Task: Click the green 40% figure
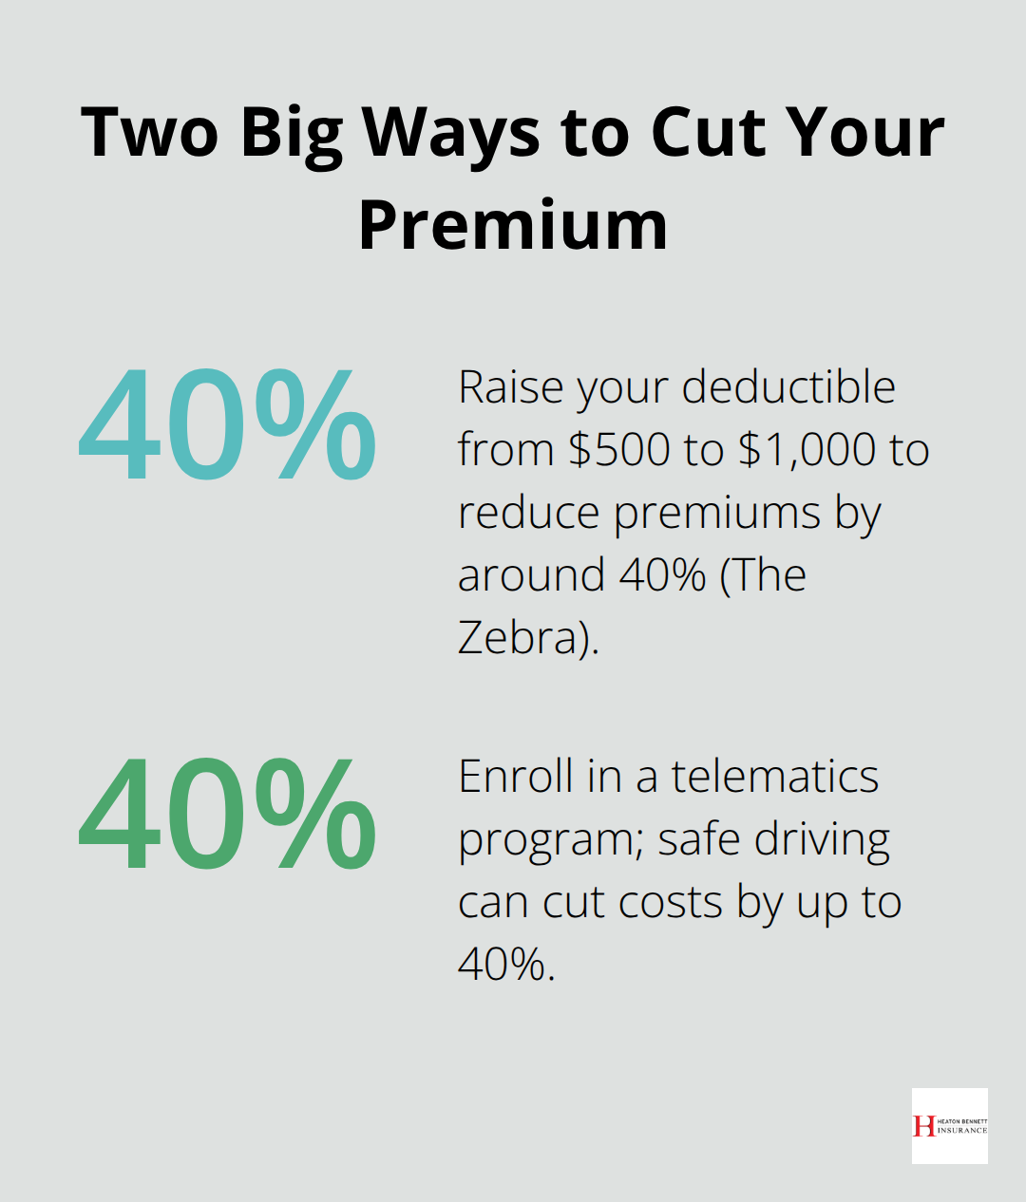pos(227,814)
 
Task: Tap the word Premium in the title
pos(513,225)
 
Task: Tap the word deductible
pos(788,386)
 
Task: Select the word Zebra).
pos(528,637)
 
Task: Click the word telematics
pos(774,776)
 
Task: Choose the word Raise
pos(511,386)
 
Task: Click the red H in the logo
pos(923,1126)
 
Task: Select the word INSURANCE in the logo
pos(961,1131)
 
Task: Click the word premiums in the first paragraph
pos(717,514)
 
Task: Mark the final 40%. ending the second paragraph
pos(505,965)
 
